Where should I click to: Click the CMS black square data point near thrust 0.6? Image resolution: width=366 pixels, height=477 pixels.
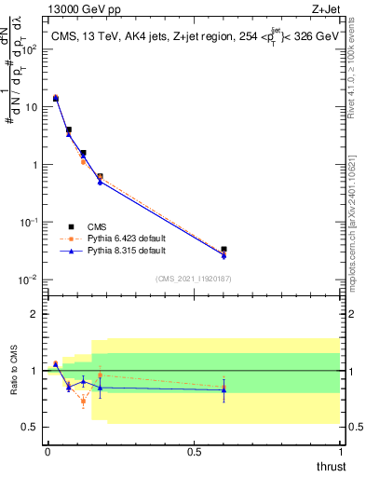point(224,250)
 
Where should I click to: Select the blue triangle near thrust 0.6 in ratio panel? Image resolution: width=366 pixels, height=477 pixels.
point(224,389)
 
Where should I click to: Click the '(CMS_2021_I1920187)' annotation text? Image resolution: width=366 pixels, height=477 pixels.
point(193,277)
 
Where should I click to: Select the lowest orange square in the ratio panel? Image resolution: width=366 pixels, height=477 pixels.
point(83,401)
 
